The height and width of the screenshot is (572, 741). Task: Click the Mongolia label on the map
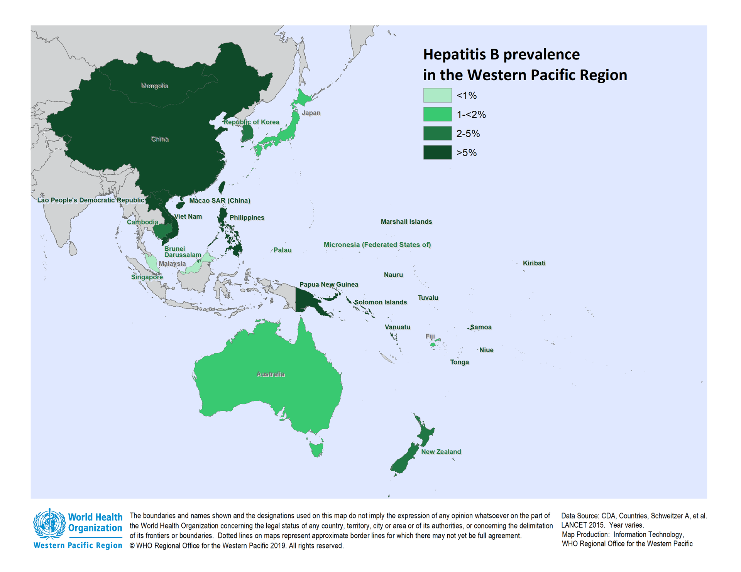(x=154, y=86)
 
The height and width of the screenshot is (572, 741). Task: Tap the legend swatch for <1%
(x=437, y=95)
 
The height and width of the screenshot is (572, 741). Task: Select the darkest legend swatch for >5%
(x=437, y=152)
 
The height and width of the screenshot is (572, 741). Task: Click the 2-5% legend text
(x=468, y=134)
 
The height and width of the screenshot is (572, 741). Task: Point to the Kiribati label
(x=534, y=263)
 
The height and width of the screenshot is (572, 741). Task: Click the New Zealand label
(x=441, y=452)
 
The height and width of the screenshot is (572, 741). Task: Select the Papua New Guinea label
(x=328, y=284)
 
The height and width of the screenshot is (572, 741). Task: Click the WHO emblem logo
(x=49, y=523)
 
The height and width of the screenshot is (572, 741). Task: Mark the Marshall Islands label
(x=406, y=222)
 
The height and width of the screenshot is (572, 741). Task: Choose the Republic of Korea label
(x=251, y=122)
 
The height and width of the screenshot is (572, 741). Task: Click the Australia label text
(x=270, y=374)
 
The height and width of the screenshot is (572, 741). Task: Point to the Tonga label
(x=459, y=362)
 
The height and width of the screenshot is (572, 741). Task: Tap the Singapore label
(x=147, y=277)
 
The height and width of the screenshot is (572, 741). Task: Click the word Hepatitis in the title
(x=454, y=55)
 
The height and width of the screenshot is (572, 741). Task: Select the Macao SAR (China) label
(x=220, y=201)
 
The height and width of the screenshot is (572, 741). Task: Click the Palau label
(x=282, y=250)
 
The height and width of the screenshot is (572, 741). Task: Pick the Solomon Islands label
(x=380, y=302)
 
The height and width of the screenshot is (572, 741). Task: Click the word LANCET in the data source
(x=574, y=525)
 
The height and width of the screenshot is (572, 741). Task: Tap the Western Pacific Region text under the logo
(x=78, y=545)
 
